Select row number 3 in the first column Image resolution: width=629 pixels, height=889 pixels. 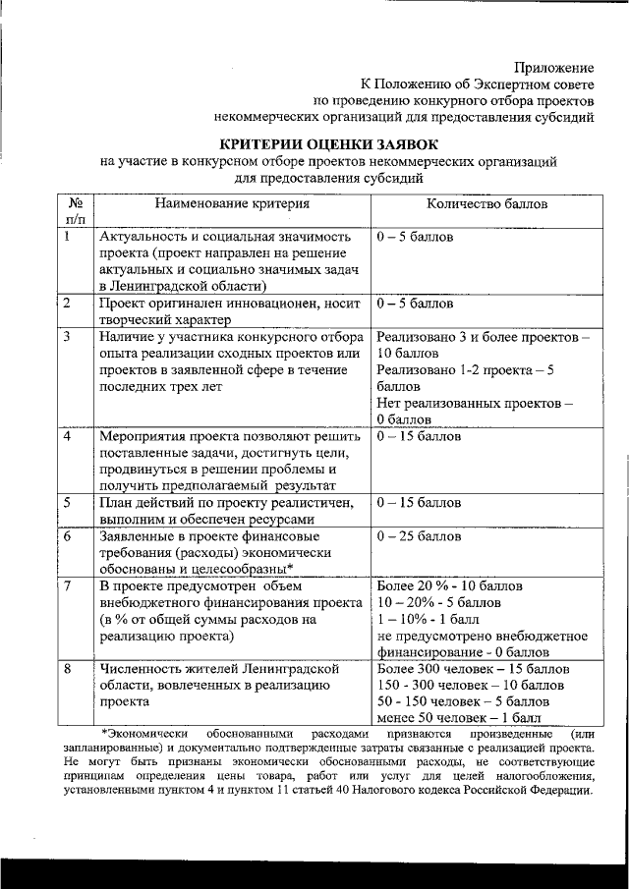[x=66, y=337]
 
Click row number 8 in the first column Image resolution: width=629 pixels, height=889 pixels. [x=66, y=669]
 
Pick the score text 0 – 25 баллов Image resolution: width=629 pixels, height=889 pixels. [x=419, y=537]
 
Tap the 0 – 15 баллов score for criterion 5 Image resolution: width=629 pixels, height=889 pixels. [x=419, y=503]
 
